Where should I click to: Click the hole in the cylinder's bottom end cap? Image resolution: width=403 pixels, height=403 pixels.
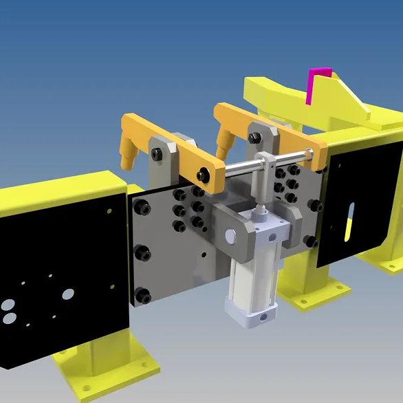[x=262, y=318]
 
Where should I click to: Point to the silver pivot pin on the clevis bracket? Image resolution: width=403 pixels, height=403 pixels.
[x=230, y=237]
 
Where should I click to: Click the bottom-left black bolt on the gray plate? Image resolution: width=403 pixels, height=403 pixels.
[x=143, y=296]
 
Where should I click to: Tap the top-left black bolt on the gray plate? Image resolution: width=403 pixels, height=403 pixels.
[x=142, y=206]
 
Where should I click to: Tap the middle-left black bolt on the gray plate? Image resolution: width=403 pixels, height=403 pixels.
[x=142, y=252]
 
